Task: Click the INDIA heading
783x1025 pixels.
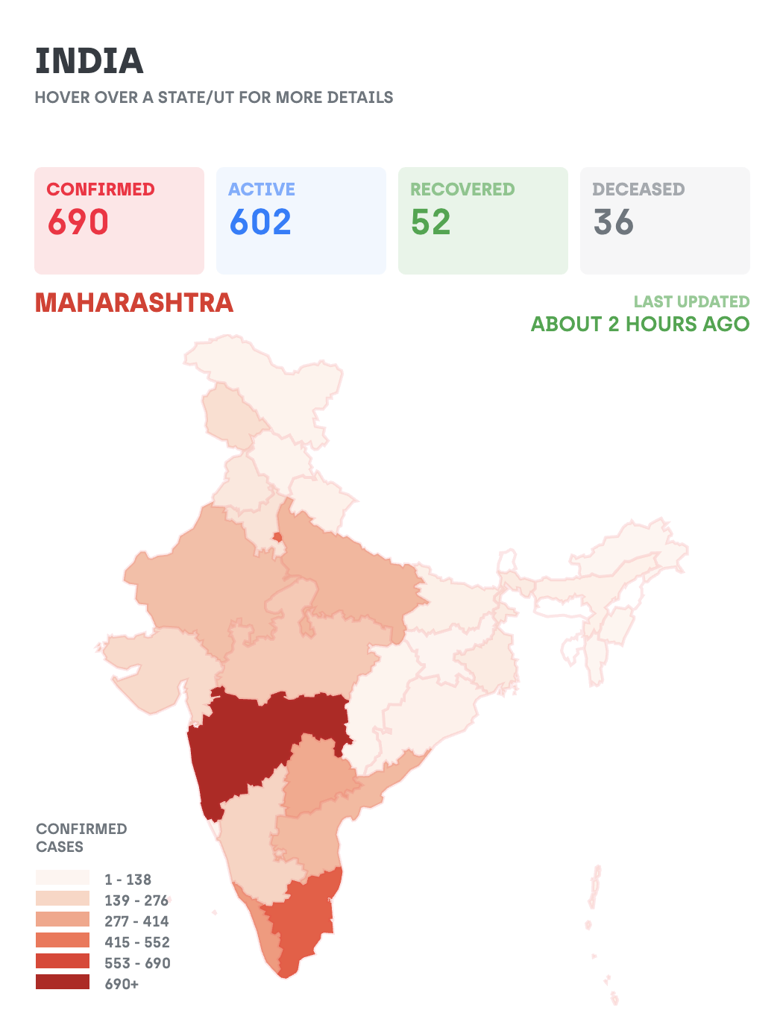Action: [x=89, y=60]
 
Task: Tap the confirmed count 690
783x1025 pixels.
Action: [x=78, y=222]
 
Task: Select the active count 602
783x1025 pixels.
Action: [x=260, y=222]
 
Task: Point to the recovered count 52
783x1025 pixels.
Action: [x=430, y=222]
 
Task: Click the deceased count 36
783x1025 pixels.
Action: [x=613, y=222]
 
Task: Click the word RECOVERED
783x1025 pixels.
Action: [x=462, y=189]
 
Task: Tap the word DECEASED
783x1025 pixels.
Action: [x=638, y=189]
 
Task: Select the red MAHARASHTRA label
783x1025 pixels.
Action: [x=134, y=303]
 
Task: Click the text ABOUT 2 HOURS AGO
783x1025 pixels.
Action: [x=641, y=324]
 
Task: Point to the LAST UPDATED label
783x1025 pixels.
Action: [x=691, y=301]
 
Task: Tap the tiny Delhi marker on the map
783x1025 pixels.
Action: [x=277, y=537]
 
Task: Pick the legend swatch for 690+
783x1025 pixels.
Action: [x=63, y=981]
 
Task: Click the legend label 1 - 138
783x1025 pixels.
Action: [x=128, y=880]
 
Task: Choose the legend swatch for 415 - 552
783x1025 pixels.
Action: [x=63, y=939]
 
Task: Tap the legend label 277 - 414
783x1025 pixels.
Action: [x=136, y=921]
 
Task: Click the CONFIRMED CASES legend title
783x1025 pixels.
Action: [x=81, y=838]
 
